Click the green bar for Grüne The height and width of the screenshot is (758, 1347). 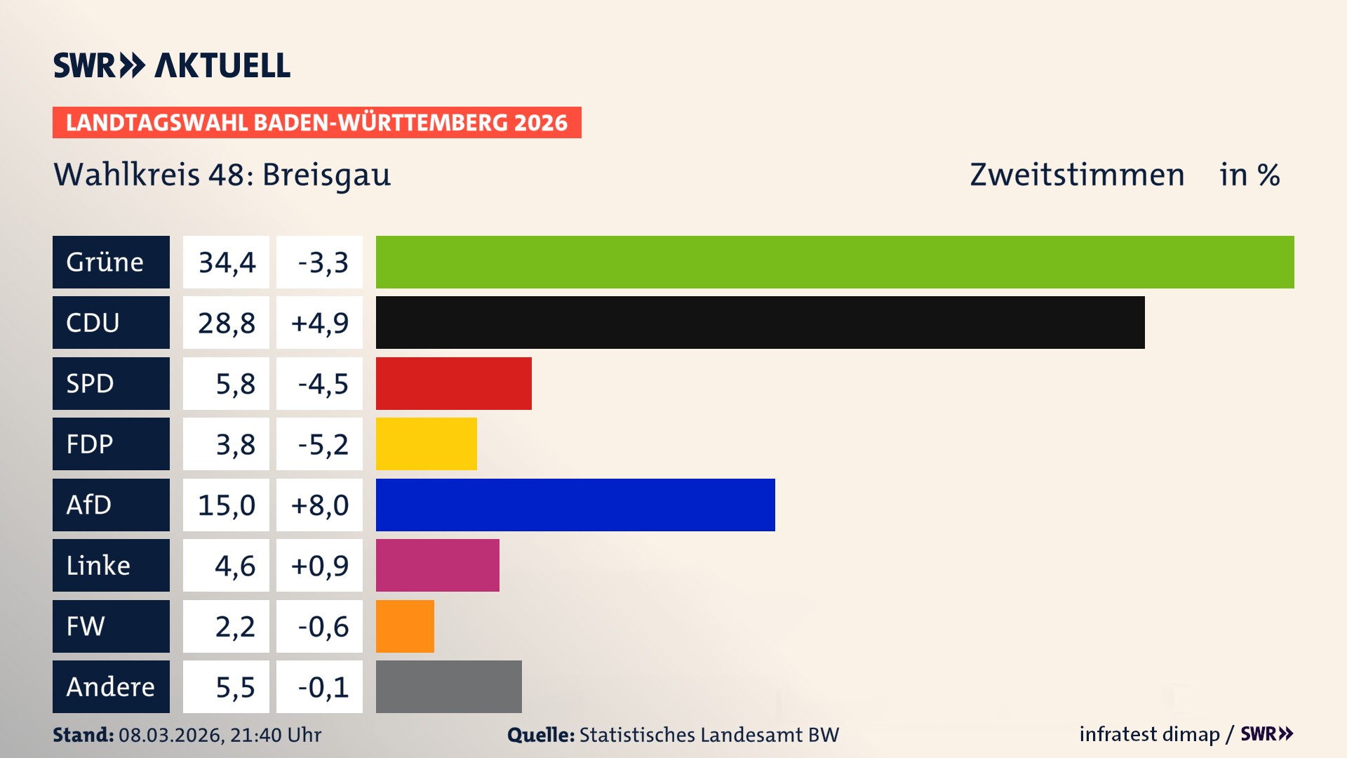(835, 262)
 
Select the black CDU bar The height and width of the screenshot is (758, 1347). (760, 322)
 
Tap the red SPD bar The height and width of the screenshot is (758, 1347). (453, 383)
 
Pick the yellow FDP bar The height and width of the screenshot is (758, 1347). (426, 444)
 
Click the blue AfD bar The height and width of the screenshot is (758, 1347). (575, 505)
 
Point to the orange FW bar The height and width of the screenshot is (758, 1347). (405, 626)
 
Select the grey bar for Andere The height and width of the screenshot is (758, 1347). (448, 686)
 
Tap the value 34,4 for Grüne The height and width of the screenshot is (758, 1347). (226, 262)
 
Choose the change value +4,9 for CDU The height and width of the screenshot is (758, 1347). (319, 322)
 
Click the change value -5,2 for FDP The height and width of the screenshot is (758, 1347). (322, 444)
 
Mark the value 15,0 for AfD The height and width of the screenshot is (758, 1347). (226, 505)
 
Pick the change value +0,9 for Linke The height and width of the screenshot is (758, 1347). (319, 565)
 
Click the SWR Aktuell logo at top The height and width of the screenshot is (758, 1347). (172, 65)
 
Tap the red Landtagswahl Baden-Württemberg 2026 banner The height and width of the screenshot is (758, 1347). (316, 122)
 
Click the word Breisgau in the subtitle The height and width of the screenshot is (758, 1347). (326, 175)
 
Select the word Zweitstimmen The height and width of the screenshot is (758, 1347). (1077, 175)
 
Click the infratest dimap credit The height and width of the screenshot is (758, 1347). (1149, 734)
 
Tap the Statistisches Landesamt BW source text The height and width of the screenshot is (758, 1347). (709, 735)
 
